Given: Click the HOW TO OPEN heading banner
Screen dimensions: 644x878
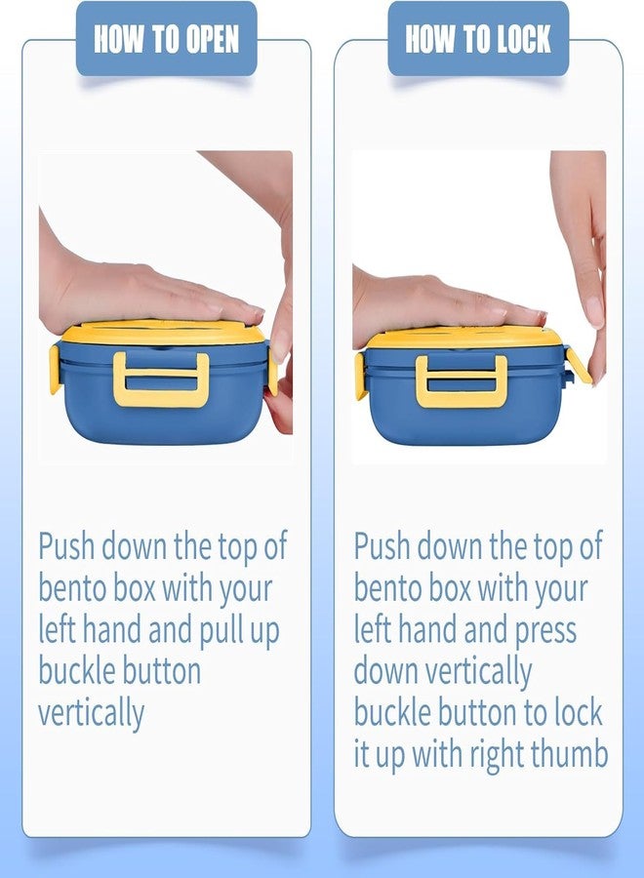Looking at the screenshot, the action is tap(166, 38).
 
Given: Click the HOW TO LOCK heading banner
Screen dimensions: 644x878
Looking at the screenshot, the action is tap(478, 38).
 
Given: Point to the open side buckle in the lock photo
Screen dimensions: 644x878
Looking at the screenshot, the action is tap(579, 365).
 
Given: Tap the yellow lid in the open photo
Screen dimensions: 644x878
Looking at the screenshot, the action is tap(162, 333).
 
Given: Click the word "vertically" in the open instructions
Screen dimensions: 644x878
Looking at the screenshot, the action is tap(92, 713).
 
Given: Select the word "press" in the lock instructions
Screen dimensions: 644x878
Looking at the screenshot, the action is tap(544, 631).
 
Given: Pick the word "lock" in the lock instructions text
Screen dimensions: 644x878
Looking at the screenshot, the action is tap(579, 712).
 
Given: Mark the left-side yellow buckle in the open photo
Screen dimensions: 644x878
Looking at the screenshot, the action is tap(55, 370).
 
